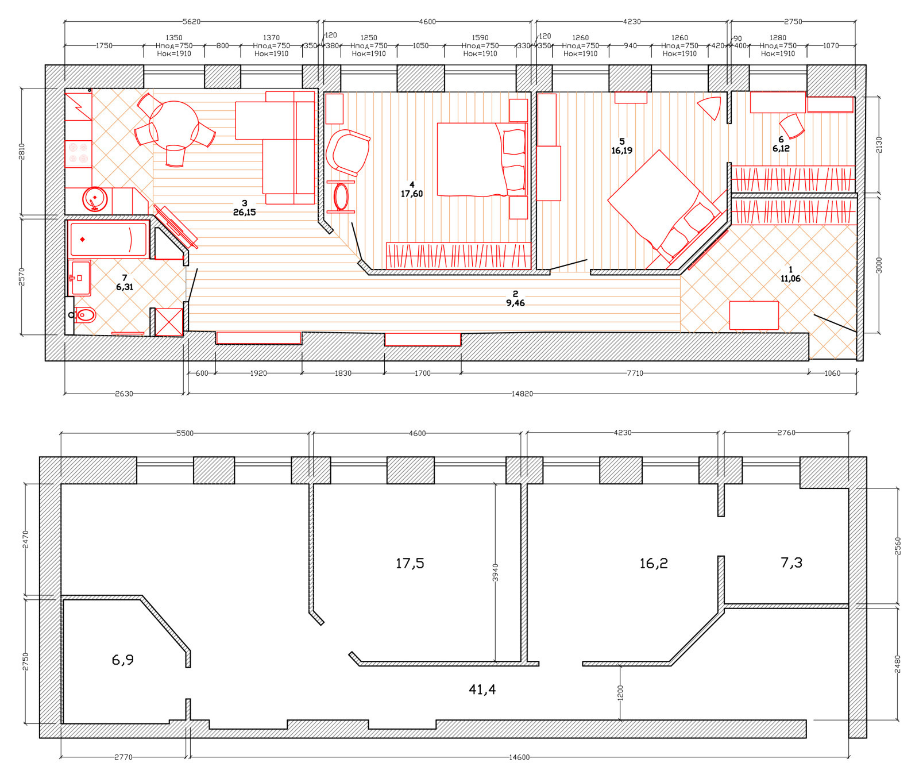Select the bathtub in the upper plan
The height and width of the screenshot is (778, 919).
108,239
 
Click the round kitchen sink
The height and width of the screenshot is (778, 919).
95,199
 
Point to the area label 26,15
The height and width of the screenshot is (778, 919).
244,213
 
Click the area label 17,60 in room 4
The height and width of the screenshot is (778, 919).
412,194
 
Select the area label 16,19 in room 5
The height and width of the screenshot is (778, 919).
622,151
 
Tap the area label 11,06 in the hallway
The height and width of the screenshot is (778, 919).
790,279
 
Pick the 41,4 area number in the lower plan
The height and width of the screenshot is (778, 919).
482,690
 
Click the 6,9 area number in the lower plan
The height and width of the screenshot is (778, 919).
123,660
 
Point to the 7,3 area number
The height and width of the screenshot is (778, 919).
791,563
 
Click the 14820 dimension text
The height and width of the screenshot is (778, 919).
522,394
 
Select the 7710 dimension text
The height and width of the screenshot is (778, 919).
635,373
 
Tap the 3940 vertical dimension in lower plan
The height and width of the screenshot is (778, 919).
496,572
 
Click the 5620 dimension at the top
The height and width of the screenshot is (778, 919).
191,22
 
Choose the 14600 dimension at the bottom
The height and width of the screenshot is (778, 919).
519,757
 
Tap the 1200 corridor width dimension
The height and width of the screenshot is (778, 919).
620,692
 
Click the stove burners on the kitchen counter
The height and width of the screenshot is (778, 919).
78,153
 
